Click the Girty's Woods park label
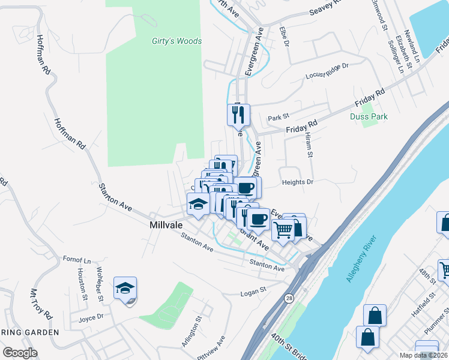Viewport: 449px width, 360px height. pyautogui.click(x=176, y=41)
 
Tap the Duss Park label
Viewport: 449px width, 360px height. pyautogui.click(x=369, y=116)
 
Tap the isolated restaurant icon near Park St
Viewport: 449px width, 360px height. pyautogui.click(x=238, y=114)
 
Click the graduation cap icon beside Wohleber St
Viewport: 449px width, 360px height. pyautogui.click(x=125, y=289)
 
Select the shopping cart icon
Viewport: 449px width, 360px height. pyautogui.click(x=283, y=229)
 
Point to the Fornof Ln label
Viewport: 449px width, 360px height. pyautogui.click(x=77, y=260)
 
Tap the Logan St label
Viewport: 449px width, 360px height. pyautogui.click(x=253, y=291)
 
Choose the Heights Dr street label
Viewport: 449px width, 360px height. pyautogui.click(x=297, y=182)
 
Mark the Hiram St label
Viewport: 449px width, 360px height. pyautogui.click(x=310, y=146)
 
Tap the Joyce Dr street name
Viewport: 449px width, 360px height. pyautogui.click(x=91, y=316)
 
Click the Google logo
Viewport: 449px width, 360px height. pyautogui.click(x=20, y=352)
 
